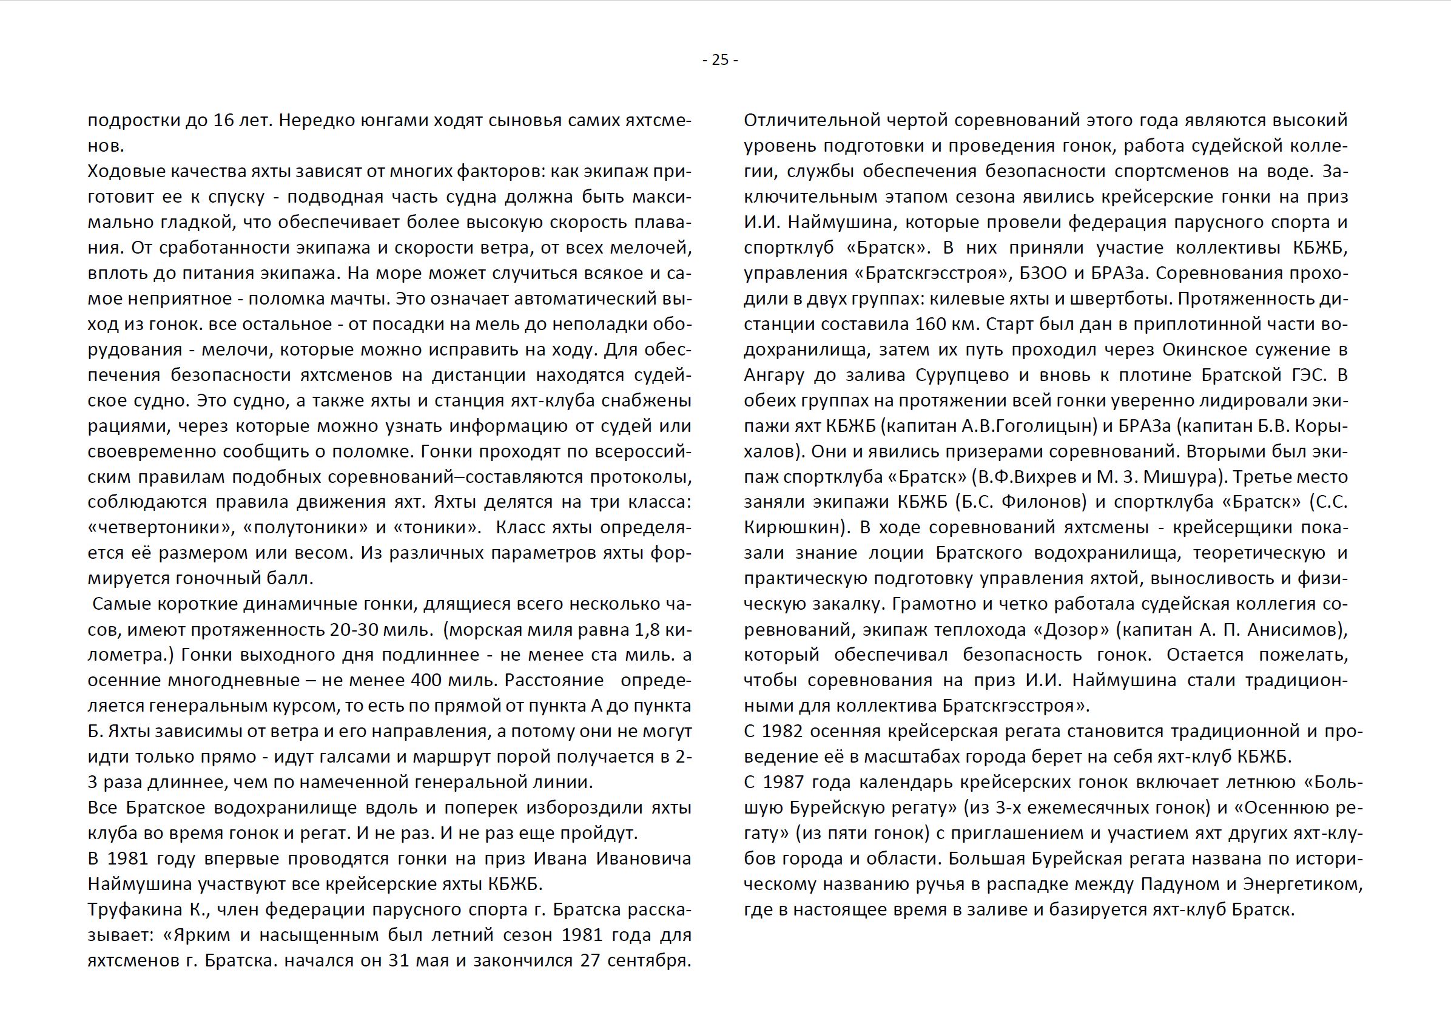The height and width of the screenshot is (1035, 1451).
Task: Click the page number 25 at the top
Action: tap(719, 60)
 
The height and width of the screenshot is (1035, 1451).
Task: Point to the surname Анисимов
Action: tap(1294, 630)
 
